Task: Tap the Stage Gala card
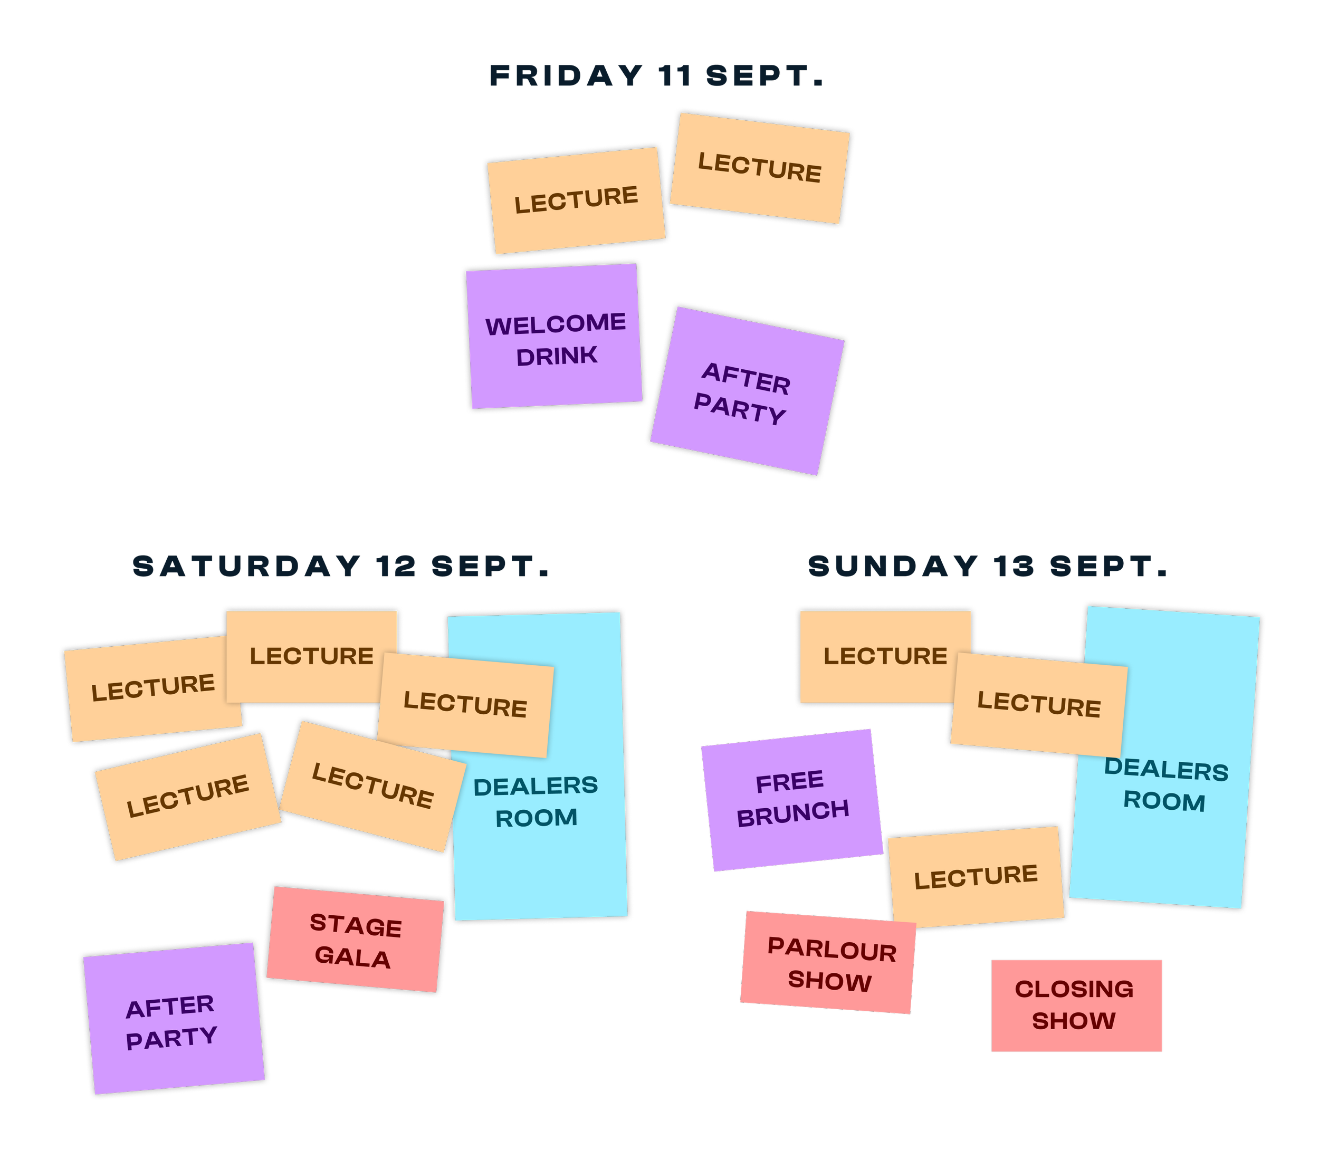click(356, 940)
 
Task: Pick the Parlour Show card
click(830, 964)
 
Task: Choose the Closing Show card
click(1076, 1005)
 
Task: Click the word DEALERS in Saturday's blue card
click(536, 786)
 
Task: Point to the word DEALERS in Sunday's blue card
click(1166, 769)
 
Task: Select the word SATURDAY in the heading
click(246, 567)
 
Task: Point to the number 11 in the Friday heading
click(675, 76)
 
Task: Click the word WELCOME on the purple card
click(556, 324)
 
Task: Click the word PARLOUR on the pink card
click(832, 950)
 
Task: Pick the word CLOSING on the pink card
click(1074, 989)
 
